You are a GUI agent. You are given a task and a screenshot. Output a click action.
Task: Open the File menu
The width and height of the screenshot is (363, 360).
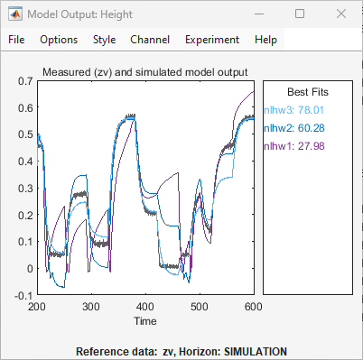17,40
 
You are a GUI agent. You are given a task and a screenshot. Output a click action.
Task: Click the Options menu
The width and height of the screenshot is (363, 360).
59,40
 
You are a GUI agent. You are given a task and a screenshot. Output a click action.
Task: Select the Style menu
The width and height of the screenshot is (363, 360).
104,40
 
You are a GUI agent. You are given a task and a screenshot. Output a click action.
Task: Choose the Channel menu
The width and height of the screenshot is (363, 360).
149,40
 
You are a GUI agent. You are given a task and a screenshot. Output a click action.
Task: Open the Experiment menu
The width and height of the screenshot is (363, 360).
212,40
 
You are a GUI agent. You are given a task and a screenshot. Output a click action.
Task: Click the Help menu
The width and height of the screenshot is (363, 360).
265,40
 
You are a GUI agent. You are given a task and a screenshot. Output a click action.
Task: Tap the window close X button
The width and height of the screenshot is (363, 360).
340,14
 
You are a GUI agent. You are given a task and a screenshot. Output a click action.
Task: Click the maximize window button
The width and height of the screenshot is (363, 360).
300,14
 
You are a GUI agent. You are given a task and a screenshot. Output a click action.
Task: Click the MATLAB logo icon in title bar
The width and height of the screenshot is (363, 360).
14,14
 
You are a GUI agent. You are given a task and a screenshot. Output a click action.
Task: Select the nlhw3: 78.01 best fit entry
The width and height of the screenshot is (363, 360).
294,110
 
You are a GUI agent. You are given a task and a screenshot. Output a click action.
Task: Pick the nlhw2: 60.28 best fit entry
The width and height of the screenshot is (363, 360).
294,128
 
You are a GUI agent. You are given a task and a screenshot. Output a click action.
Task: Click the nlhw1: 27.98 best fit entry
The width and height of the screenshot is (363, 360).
294,146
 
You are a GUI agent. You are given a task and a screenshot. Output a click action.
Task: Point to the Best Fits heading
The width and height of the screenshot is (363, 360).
307,92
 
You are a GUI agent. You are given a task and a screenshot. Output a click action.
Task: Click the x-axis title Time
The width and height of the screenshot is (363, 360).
145,320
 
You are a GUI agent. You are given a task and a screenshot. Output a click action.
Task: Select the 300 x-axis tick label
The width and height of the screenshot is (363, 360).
91,308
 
